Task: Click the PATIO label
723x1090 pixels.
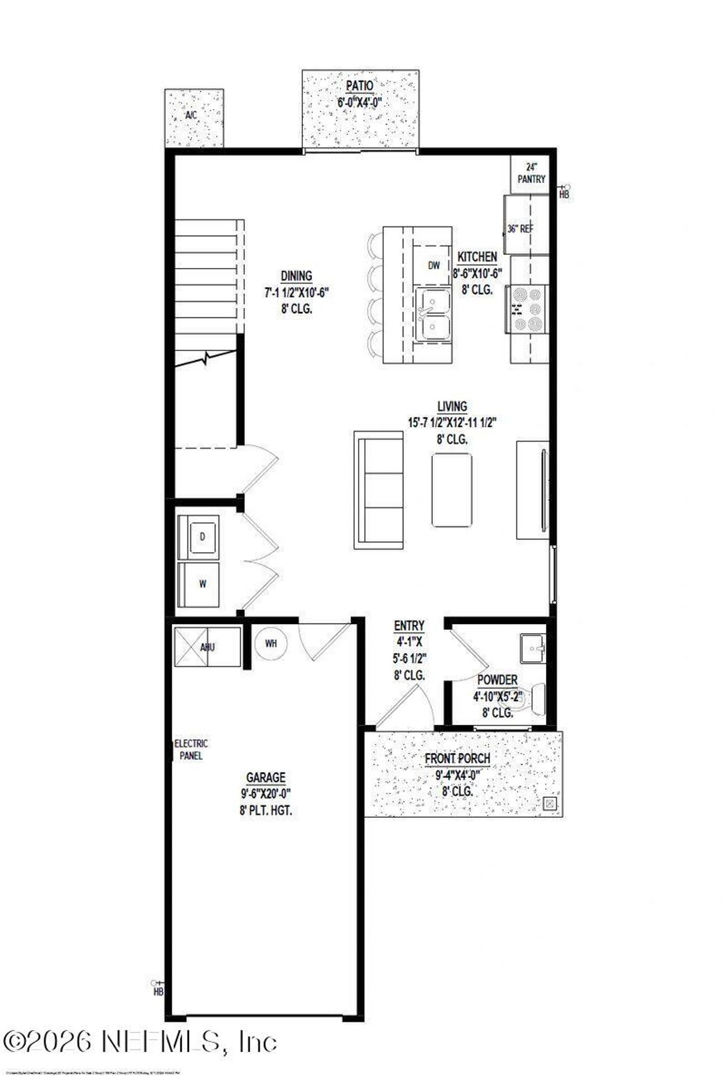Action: click(x=359, y=86)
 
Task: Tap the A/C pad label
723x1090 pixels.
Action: click(x=191, y=115)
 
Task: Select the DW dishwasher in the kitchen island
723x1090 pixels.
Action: click(x=433, y=265)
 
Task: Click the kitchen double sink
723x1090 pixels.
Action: click(x=433, y=314)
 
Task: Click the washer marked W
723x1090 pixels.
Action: click(x=201, y=585)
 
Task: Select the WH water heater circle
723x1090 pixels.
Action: click(x=271, y=643)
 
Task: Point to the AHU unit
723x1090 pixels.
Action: click(x=207, y=647)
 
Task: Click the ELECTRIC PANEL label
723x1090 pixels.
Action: click(x=191, y=749)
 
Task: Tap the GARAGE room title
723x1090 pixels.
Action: click(x=265, y=778)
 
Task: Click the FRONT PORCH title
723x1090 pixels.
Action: click(x=458, y=758)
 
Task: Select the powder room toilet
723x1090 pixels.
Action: click(x=533, y=699)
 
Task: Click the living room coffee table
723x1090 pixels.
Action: click(x=452, y=490)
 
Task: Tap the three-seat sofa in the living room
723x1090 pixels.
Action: click(x=379, y=490)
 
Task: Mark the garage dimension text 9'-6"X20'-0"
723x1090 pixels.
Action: click(x=265, y=794)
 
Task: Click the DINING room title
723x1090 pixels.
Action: click(x=297, y=276)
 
